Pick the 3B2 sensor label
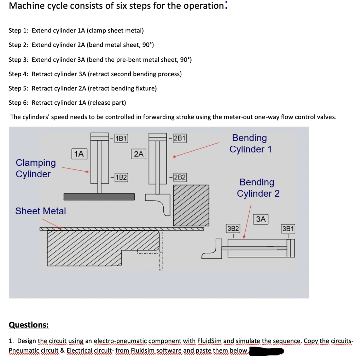pyautogui.click(x=233, y=228)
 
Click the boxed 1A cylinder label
pyautogui.click(x=80, y=153)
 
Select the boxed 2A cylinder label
pyautogui.click(x=139, y=153)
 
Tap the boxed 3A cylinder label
pyautogui.click(x=261, y=219)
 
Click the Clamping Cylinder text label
pyautogui.click(x=36, y=168)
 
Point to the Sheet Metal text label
pyautogui.click(x=41, y=211)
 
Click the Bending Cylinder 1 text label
pyautogui.click(x=250, y=144)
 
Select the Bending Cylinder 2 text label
pyautogui.click(x=258, y=188)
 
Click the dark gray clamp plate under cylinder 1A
pyautogui.click(x=99, y=196)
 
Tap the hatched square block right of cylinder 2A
pyautogui.click(x=191, y=205)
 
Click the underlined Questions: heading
pyautogui.click(x=29, y=325)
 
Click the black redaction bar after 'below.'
pyautogui.click(x=267, y=351)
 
